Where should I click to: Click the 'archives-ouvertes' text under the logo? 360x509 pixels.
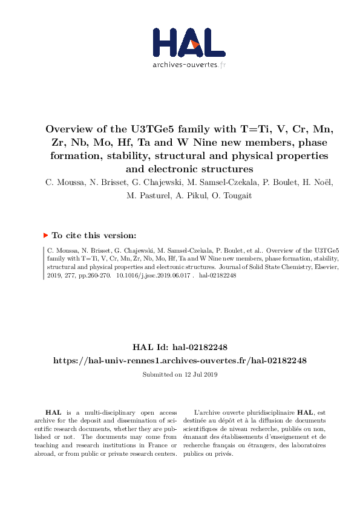185,64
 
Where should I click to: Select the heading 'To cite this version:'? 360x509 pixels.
94,236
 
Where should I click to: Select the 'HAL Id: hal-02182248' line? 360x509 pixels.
180,347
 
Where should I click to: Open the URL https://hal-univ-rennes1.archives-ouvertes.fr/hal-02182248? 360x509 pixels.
180,360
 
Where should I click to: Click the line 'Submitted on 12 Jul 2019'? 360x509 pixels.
180,375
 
